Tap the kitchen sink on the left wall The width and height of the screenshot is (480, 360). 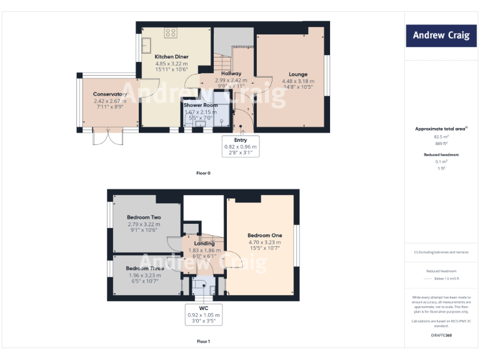(x=146, y=46)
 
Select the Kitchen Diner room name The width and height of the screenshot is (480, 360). (x=171, y=57)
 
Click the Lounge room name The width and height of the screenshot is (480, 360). (x=297, y=74)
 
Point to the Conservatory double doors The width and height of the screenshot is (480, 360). (x=104, y=137)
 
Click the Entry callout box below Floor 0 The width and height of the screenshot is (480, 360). (x=241, y=146)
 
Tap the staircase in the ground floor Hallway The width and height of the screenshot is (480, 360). (x=226, y=62)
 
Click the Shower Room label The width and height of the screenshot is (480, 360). (x=200, y=105)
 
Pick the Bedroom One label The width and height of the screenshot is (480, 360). (x=264, y=236)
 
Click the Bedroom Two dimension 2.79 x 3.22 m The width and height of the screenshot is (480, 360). (x=144, y=224)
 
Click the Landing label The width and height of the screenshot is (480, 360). (x=204, y=244)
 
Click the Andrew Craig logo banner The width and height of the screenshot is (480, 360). (x=441, y=36)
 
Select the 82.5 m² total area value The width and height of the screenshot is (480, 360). (x=441, y=136)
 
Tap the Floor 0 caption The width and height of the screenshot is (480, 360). (x=203, y=172)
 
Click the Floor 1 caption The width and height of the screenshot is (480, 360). (x=203, y=341)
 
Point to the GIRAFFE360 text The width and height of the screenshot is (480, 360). (x=441, y=336)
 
